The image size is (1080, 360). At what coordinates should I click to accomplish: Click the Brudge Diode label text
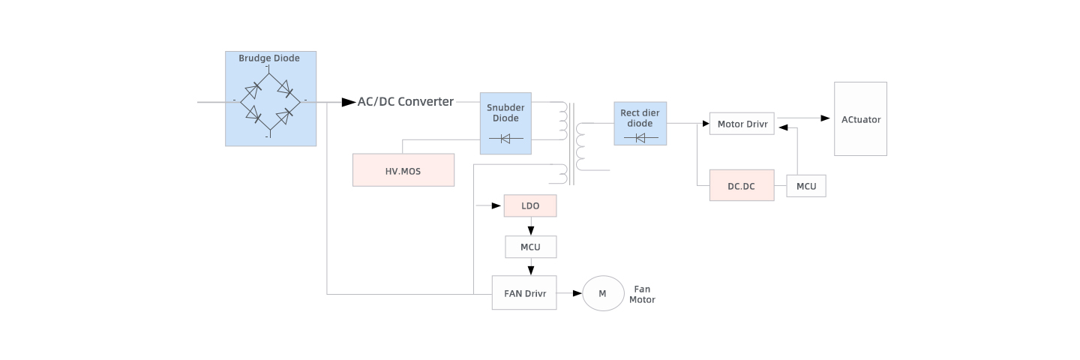tap(269, 58)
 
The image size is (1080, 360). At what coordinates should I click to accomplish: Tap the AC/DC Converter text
tap(405, 102)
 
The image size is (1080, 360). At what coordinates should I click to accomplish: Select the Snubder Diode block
tap(506, 124)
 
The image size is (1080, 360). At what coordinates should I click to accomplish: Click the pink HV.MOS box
tap(403, 170)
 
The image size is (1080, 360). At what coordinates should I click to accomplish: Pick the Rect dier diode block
tap(640, 123)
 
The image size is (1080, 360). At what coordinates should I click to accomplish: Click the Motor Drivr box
tap(742, 124)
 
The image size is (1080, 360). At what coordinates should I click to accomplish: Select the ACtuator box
tap(860, 119)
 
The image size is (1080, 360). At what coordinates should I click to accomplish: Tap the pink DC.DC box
tap(742, 185)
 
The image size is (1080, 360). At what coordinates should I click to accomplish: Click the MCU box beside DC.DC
tap(806, 186)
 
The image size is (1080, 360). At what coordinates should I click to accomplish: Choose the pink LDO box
tap(530, 205)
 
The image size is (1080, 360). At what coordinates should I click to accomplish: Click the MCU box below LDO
tap(530, 246)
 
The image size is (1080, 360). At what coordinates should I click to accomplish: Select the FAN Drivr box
tap(524, 292)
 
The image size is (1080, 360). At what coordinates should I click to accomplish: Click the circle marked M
tap(603, 293)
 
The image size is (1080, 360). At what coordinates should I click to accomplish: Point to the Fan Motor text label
tap(642, 294)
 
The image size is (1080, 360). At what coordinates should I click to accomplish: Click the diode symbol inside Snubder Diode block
tap(506, 138)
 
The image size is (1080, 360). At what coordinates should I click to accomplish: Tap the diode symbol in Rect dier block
tap(640, 138)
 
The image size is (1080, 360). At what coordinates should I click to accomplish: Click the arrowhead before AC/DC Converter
tap(349, 102)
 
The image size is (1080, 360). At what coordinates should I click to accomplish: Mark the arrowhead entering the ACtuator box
tap(826, 118)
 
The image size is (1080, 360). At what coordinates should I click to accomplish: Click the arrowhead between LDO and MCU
tap(530, 230)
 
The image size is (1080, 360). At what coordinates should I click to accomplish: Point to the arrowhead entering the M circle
tap(577, 293)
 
